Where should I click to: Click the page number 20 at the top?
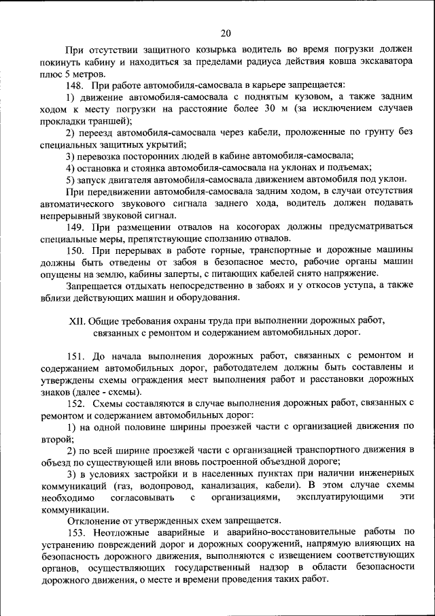click(226, 32)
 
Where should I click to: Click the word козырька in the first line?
click(215, 50)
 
